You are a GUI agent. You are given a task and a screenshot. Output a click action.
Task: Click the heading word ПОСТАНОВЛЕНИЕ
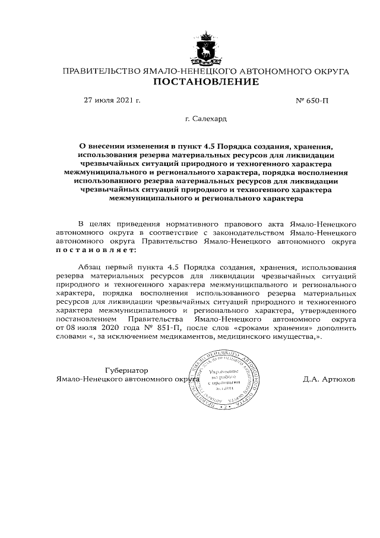(x=206, y=82)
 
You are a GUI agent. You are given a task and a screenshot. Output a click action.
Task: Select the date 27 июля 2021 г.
(x=112, y=100)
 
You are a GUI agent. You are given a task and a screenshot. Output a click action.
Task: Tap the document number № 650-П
(x=312, y=100)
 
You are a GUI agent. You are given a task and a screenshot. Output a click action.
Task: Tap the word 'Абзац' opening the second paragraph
(x=91, y=268)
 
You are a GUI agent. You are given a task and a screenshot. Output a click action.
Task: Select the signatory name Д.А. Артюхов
(x=329, y=379)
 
